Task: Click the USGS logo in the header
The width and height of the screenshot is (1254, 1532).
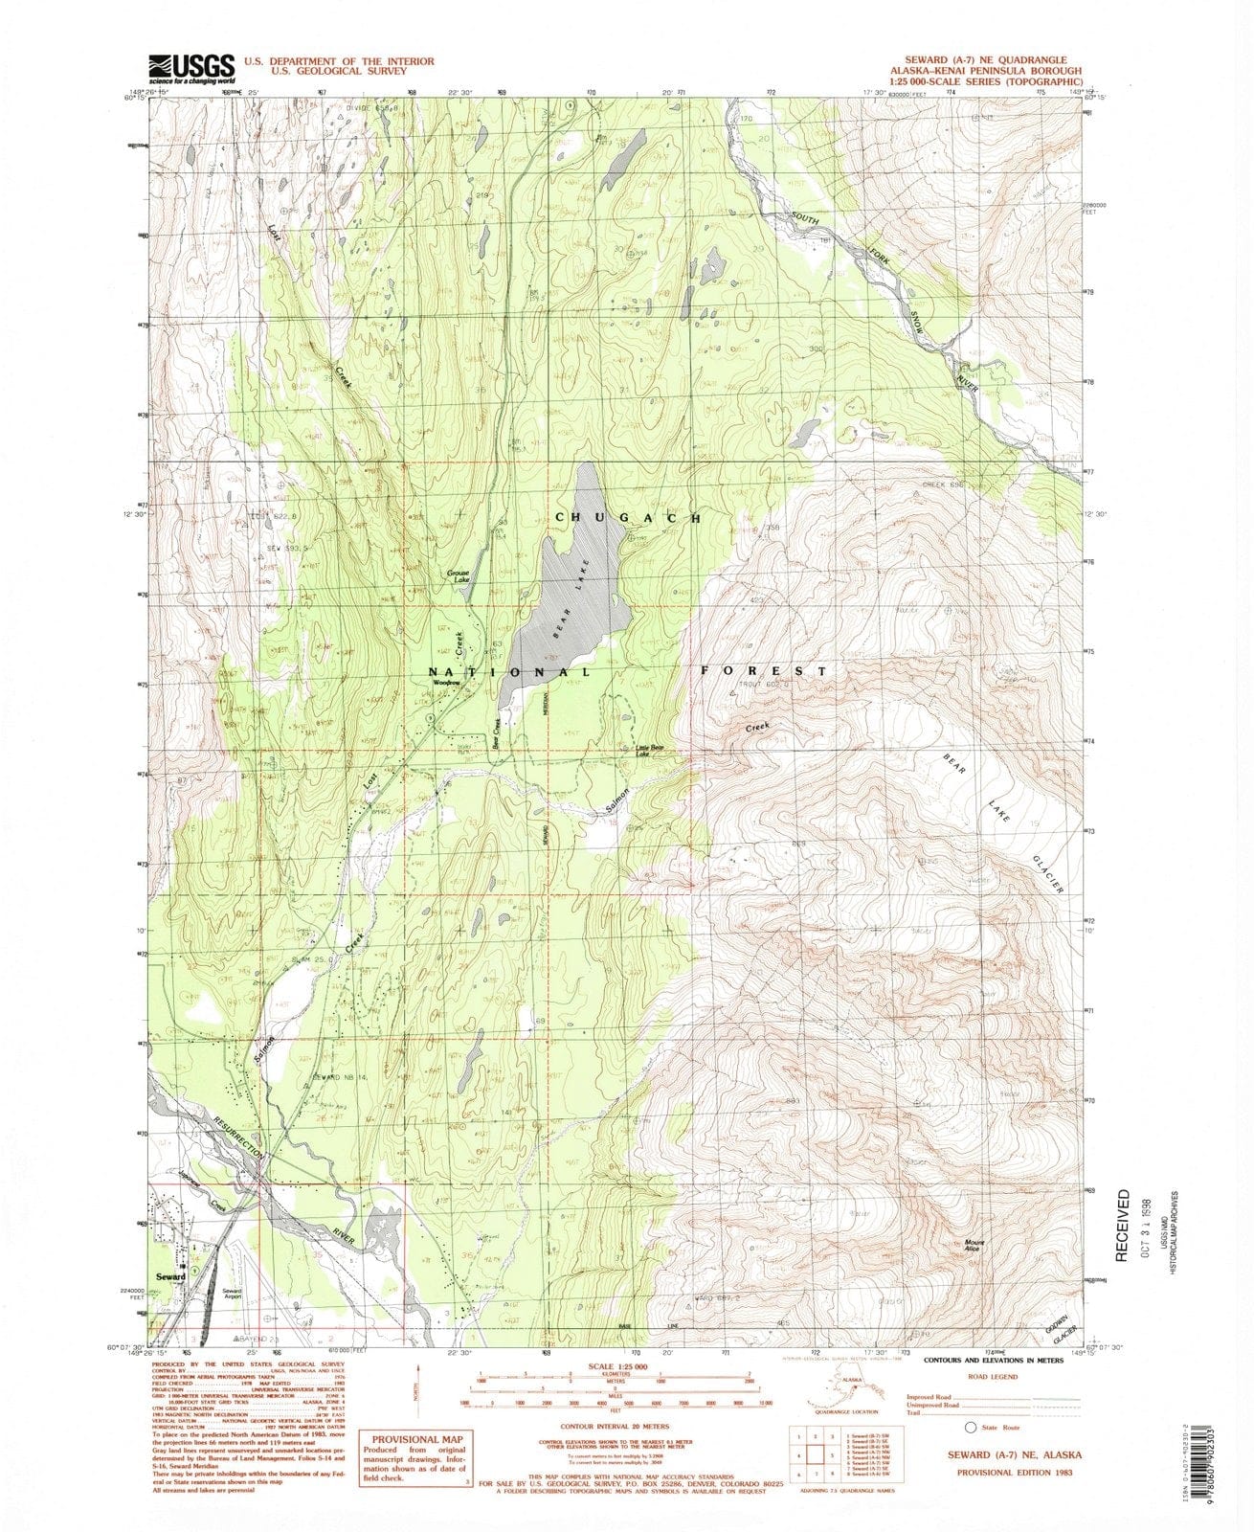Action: tap(191, 68)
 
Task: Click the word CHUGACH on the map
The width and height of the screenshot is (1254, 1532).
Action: tap(628, 517)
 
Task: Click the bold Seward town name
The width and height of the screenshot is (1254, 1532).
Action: tap(172, 1277)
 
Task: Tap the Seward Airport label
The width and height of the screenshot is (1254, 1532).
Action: tap(232, 1293)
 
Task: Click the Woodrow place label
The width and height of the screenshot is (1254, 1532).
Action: tap(446, 684)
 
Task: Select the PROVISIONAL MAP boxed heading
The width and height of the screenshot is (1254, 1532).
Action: tap(416, 1439)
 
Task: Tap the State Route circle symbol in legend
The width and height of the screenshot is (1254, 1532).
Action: tap(972, 1426)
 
